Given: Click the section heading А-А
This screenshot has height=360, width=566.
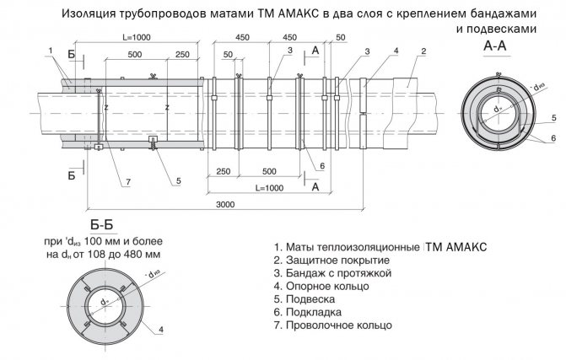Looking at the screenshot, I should pos(494,50).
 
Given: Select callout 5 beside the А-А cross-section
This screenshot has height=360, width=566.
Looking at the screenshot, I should pos(553,117).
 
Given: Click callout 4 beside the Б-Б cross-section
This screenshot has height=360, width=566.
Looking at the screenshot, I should pos(160,328).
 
